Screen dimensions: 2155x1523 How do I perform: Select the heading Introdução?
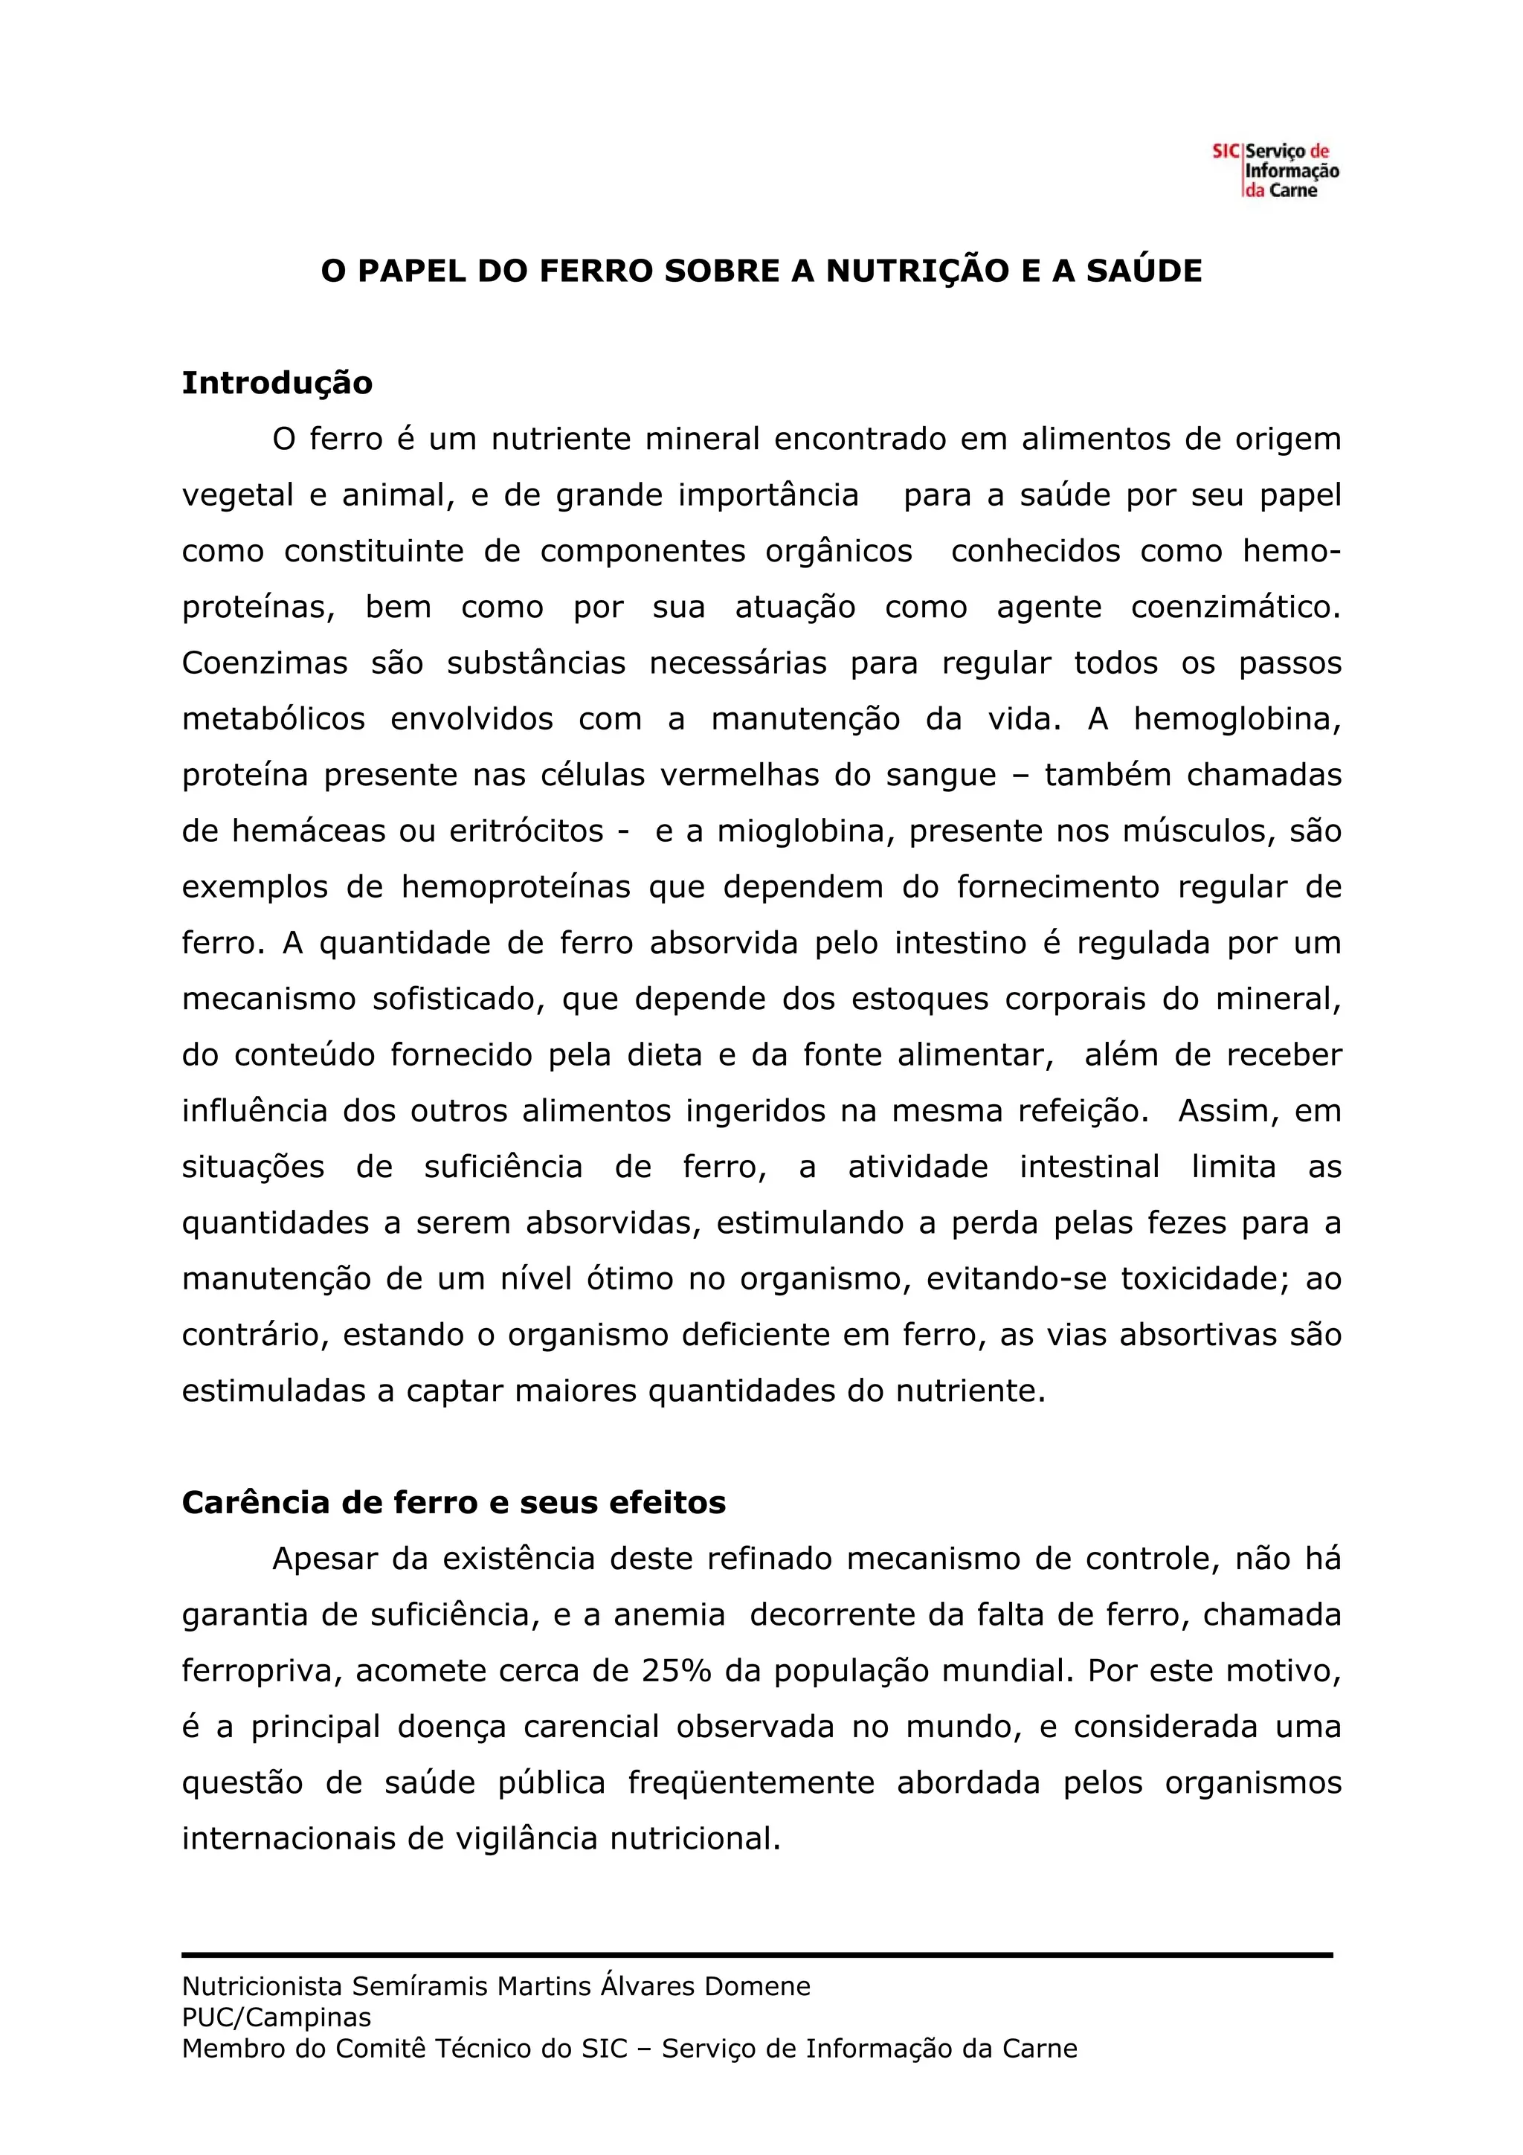(277, 383)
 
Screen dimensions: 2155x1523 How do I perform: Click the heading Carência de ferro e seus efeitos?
(453, 1503)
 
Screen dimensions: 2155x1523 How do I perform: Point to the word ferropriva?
(260, 1672)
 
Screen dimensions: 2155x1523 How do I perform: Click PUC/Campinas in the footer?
(276, 2017)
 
